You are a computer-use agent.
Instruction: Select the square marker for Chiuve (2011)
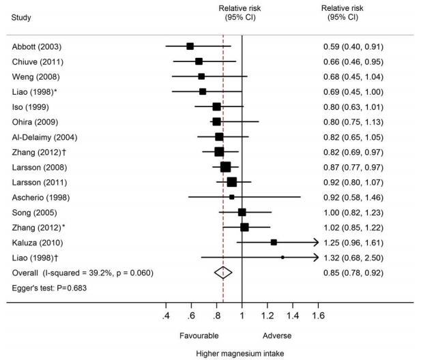click(199, 61)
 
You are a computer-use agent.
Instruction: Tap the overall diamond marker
click(223, 272)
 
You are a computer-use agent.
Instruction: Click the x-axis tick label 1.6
click(318, 316)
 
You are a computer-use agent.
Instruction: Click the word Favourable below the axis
click(199, 336)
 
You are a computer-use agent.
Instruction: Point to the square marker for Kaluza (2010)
click(274, 242)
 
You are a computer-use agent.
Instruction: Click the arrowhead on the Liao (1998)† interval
click(315, 257)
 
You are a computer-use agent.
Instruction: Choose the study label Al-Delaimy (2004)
click(40, 136)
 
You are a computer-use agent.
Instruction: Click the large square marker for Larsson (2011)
click(231, 182)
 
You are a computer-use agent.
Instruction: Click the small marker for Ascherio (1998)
click(231, 197)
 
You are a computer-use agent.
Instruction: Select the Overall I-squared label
click(82, 272)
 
